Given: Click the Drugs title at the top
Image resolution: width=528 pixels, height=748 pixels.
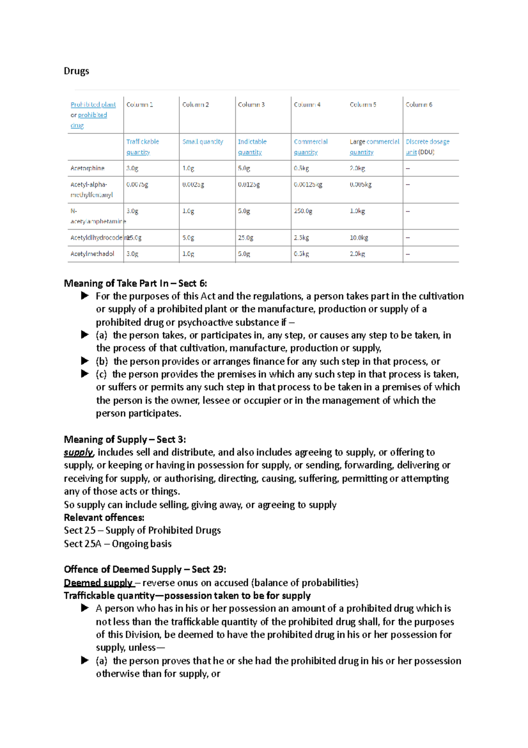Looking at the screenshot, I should tap(77, 71).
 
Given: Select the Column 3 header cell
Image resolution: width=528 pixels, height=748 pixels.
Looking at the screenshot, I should tap(251, 105).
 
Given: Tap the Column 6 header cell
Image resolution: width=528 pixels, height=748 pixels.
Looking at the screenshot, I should tap(419, 105).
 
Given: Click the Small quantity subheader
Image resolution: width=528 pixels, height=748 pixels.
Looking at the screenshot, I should tap(203, 142).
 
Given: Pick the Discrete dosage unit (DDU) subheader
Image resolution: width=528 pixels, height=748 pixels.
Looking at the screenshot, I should tap(427, 147).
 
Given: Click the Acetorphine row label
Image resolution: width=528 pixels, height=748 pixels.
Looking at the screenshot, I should tap(88, 168).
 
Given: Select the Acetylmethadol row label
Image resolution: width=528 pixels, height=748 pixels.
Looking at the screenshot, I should tap(92, 254).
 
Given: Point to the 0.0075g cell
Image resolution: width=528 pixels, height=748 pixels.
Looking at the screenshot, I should tap(137, 185).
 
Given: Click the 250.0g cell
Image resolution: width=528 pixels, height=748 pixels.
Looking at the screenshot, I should tap(303, 211).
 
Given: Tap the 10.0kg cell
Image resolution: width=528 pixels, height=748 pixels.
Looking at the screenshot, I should tap(359, 238).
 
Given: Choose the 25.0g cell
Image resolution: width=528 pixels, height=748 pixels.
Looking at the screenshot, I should tap(246, 238).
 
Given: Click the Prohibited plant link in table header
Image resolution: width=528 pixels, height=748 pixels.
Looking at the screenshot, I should tap(93, 105).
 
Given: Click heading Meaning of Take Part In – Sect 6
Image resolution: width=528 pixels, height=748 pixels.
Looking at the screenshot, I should tap(135, 283).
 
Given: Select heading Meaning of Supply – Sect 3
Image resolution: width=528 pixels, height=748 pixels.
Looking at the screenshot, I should tap(125, 439).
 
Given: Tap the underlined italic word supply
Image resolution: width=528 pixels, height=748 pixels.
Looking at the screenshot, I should tap(78, 452).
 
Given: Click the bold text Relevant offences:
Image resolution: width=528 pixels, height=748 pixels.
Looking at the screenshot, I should tap(104, 518).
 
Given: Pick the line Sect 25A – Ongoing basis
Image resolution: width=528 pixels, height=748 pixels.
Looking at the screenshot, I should tap(117, 544).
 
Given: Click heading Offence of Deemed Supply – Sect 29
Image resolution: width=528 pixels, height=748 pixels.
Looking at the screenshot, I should tap(145, 569).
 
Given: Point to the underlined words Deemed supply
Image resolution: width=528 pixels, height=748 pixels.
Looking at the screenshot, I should tap(99, 583).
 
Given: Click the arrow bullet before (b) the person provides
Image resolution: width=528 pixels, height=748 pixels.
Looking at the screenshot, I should tap(85, 361).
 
